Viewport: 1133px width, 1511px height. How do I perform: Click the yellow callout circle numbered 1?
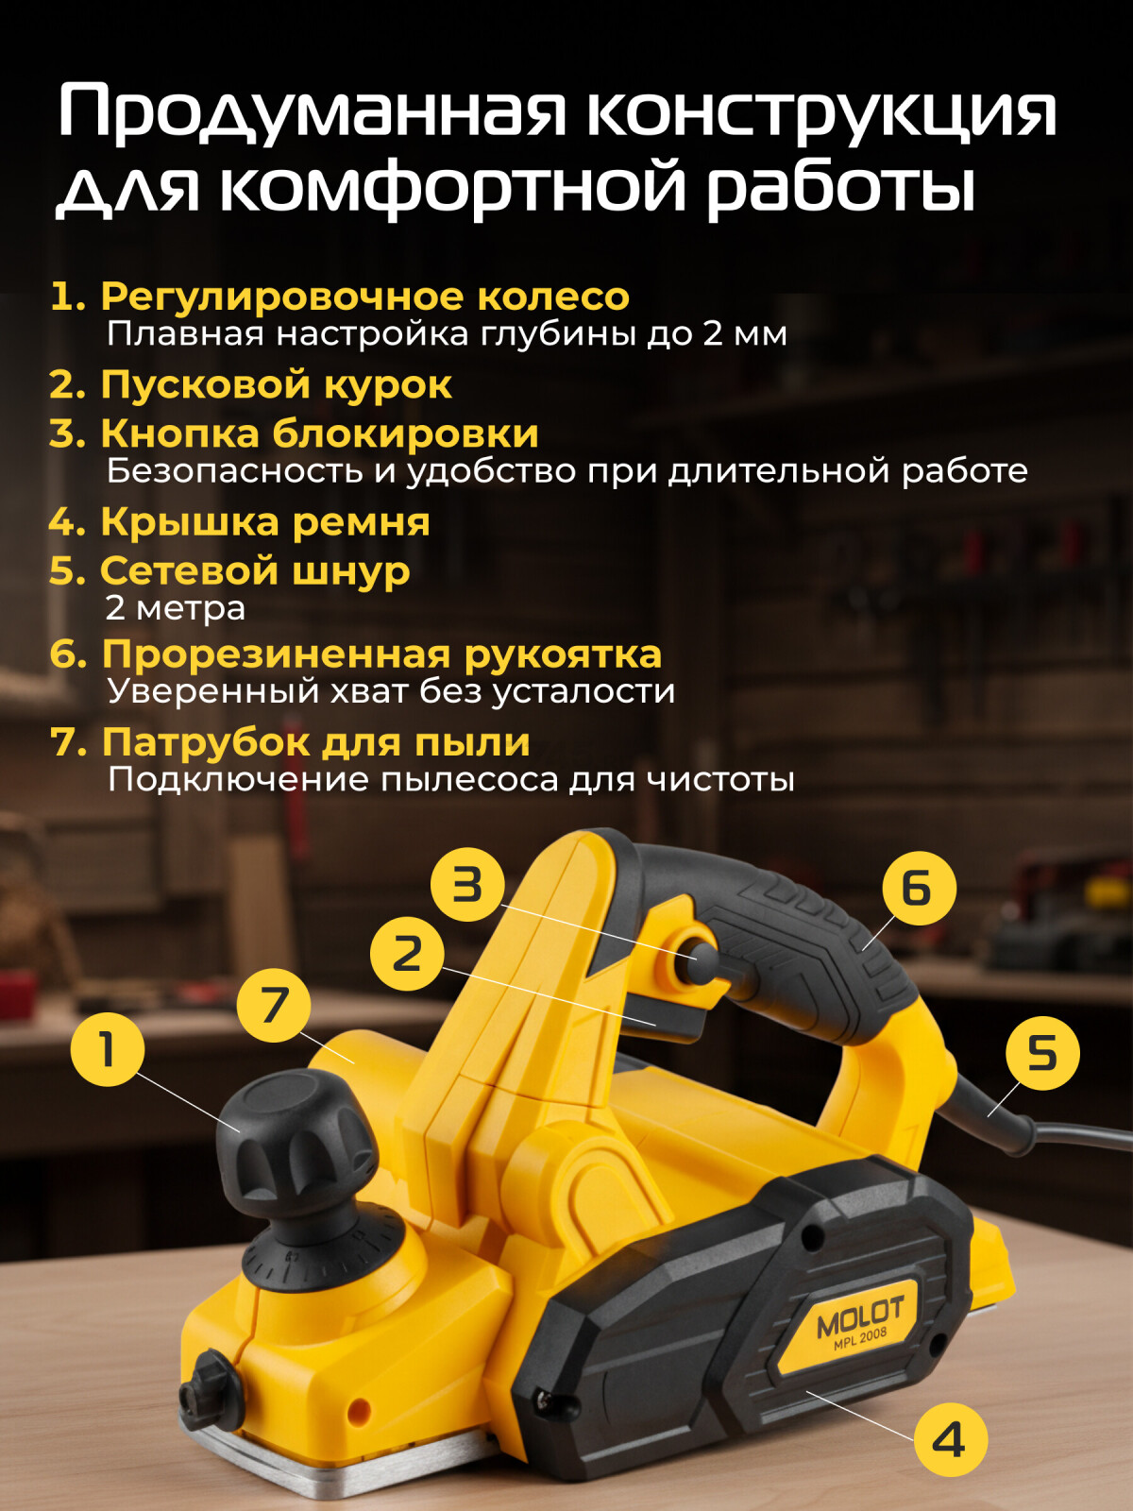107,1049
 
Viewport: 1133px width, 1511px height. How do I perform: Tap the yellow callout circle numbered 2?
407,954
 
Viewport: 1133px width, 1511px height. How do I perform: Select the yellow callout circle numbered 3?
467,885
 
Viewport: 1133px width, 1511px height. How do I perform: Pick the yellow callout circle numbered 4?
949,1439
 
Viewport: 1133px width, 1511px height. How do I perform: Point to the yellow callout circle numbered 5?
1042,1053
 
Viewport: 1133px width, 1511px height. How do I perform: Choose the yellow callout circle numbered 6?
918,889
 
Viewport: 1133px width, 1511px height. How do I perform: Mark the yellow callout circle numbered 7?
274,1005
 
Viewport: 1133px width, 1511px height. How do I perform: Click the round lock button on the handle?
702,959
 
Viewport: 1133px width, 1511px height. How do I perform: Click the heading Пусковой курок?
276,384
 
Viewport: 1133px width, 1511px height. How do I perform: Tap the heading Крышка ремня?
264,521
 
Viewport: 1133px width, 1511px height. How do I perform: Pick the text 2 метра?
176,607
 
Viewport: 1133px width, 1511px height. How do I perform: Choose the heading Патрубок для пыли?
315,741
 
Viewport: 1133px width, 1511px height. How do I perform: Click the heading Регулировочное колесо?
364,297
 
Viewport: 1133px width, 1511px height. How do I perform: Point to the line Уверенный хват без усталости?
391,690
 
